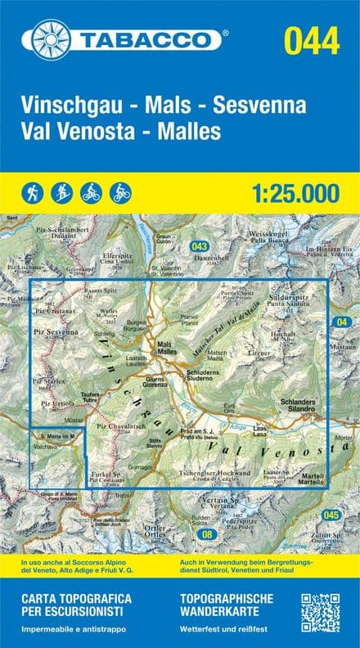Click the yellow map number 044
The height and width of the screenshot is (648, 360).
(x=311, y=39)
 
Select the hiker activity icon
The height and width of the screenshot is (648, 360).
(x=33, y=193)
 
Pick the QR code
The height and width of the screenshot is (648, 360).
(x=320, y=614)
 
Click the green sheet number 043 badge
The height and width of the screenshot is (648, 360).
(x=199, y=246)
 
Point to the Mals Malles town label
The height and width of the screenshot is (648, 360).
(x=167, y=346)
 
